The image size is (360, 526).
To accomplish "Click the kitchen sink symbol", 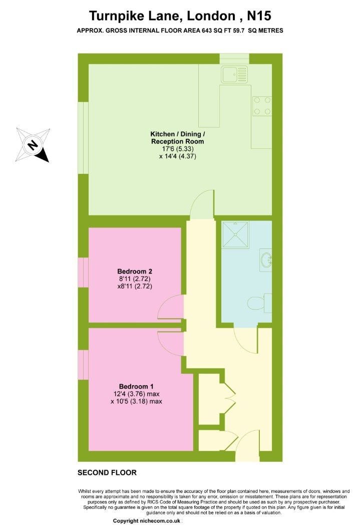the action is [x=234, y=74].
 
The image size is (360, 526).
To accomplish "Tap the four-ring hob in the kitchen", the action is [x=262, y=106].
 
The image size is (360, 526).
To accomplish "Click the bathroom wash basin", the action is [x=266, y=260].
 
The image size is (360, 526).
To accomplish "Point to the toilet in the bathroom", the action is [x=259, y=303].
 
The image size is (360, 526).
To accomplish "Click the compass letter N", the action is [x=32, y=145].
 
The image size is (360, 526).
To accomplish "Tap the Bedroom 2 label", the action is [x=135, y=271].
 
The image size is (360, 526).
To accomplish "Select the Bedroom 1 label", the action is [x=136, y=386].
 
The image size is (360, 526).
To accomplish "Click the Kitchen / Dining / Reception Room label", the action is [x=177, y=138].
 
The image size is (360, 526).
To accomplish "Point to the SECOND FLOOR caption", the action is [x=107, y=473].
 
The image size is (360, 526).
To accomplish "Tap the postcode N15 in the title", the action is [x=259, y=16].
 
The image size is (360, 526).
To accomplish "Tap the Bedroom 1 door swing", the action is [x=171, y=342].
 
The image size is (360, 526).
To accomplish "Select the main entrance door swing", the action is [x=247, y=446].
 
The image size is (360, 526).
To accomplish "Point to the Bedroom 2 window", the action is [x=83, y=273].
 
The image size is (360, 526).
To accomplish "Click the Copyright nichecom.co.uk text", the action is [x=147, y=520].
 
